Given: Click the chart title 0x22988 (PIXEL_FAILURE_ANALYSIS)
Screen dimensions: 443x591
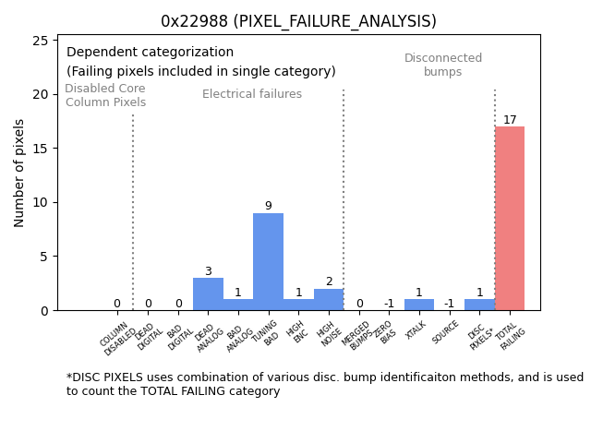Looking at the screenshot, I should click(x=298, y=21).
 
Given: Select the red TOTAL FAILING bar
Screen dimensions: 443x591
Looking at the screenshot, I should click(x=510, y=219).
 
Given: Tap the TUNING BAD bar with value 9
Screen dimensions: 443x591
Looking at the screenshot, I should click(x=268, y=262).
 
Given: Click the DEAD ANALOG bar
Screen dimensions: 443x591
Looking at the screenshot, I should click(x=208, y=294).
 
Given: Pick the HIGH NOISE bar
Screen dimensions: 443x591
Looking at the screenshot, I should click(x=329, y=300).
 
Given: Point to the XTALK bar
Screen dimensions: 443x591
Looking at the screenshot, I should click(x=419, y=305).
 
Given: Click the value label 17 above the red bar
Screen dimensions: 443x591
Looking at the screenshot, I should click(x=510, y=120).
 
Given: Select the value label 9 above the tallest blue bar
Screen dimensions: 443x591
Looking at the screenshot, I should click(x=268, y=206).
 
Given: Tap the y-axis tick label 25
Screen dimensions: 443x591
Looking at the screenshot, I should click(x=40, y=41).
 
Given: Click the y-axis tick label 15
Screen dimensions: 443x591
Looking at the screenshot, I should click(x=40, y=149).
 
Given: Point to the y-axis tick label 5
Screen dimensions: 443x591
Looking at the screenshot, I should click(x=43, y=257).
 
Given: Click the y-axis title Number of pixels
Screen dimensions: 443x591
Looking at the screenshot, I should click(x=20, y=173).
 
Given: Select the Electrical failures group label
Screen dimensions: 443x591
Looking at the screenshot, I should click(x=252, y=94).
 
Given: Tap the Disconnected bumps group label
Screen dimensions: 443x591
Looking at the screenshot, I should click(x=443, y=66).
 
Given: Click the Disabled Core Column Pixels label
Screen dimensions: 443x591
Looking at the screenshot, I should click(x=105, y=96).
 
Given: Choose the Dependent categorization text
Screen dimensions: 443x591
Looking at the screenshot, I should click(x=150, y=53).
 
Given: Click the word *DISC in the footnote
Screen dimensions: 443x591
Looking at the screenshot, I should click(x=82, y=377).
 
